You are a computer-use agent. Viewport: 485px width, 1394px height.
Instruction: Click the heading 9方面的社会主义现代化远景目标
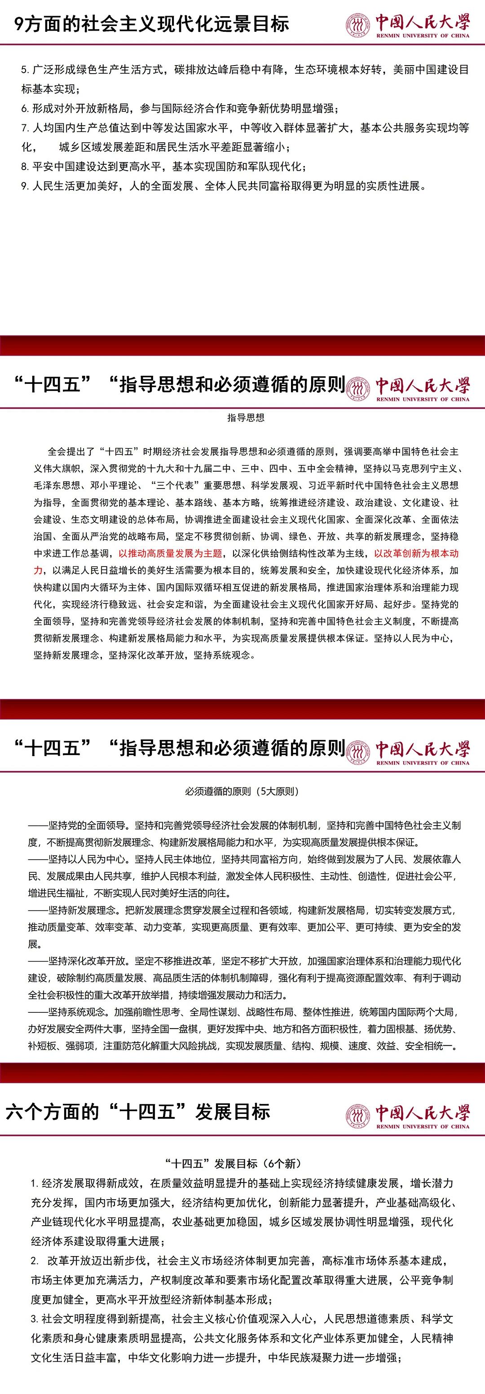(152, 24)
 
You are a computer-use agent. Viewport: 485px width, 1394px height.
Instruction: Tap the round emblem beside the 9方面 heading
(358, 25)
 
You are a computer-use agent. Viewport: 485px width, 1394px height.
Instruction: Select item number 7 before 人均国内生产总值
(25, 128)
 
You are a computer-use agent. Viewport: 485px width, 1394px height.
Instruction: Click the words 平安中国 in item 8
(54, 167)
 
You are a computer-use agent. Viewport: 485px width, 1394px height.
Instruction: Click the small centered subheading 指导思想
(246, 418)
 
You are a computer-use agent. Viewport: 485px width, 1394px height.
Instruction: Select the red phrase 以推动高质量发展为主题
(171, 553)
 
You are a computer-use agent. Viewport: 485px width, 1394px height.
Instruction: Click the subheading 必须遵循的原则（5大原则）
(242, 791)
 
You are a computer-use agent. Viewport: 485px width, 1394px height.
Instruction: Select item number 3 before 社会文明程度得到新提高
(34, 1319)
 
